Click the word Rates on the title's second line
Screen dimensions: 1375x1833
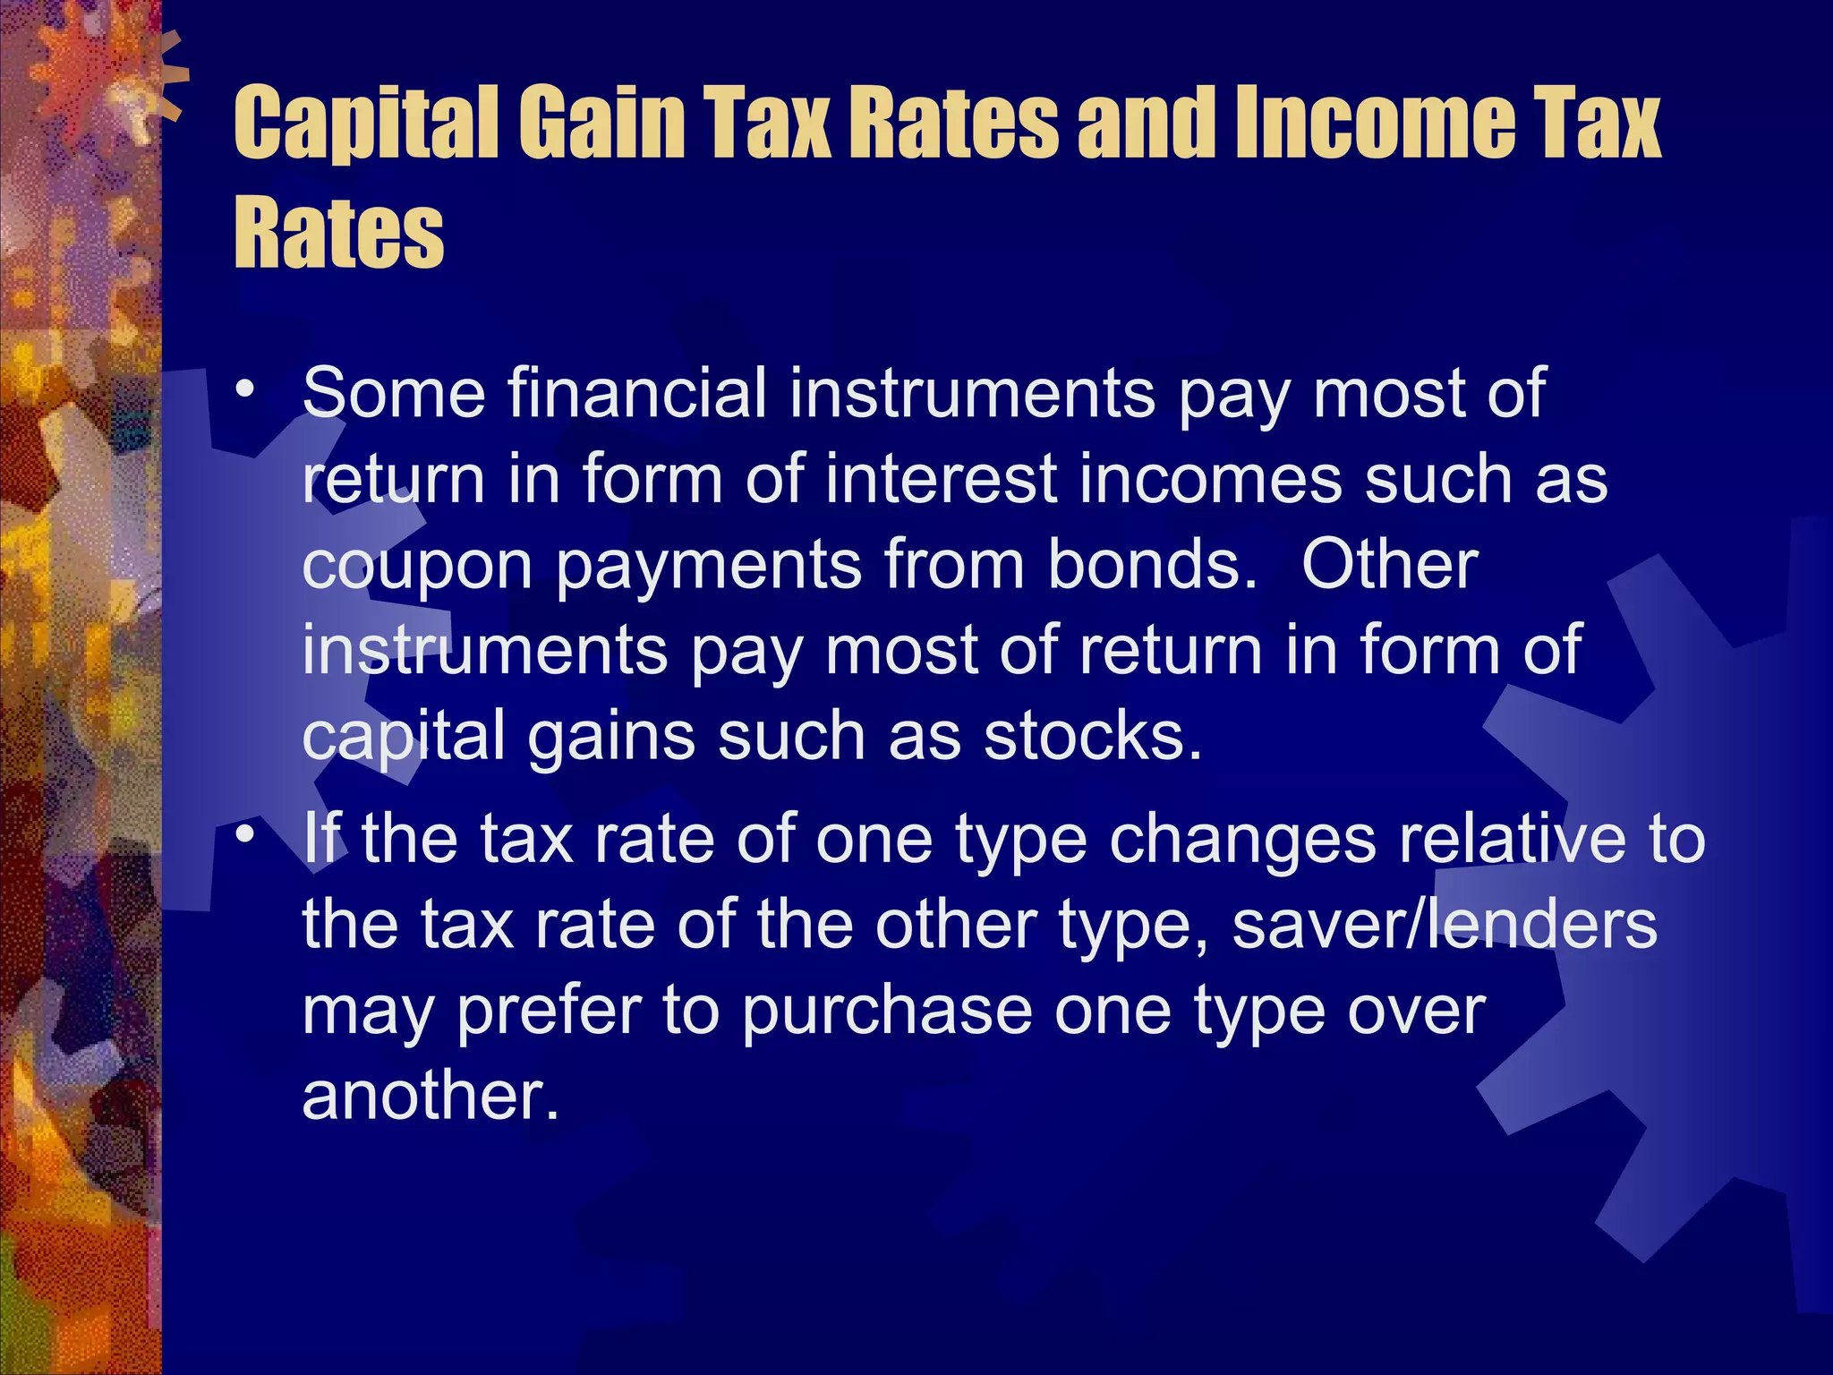click(338, 233)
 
